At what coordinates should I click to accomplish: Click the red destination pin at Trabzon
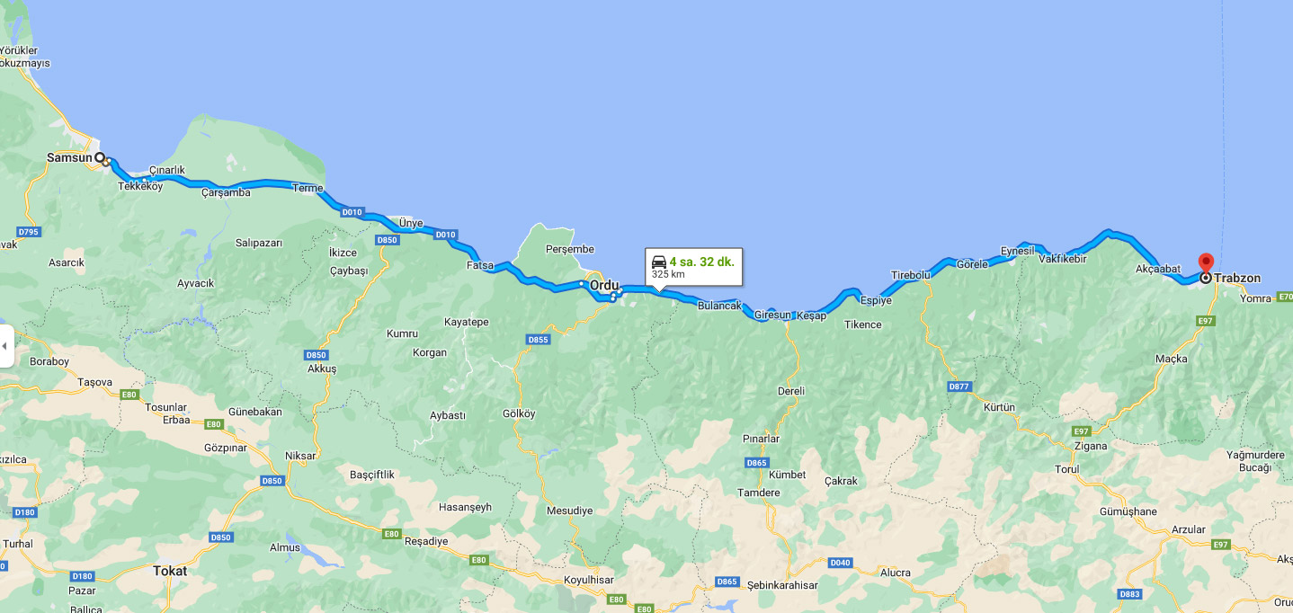coord(1206,262)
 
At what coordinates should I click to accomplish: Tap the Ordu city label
coord(604,285)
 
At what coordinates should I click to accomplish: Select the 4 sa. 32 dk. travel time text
coord(701,262)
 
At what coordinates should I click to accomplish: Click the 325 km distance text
coord(668,274)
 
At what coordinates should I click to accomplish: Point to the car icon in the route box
coord(659,262)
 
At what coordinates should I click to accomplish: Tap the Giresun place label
coord(772,315)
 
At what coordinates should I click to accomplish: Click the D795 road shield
coord(29,231)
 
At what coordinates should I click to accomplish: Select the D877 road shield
coord(959,386)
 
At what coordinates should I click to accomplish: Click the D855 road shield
coord(538,339)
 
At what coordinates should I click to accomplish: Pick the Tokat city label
coord(170,571)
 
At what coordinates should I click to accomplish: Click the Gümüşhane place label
coord(1128,511)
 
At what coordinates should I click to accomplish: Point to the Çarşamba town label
coord(226,191)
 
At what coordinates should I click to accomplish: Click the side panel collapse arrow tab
coord(4,346)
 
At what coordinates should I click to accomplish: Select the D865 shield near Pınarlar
coord(757,462)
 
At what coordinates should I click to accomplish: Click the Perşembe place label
coord(570,249)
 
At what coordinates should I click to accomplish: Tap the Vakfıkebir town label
coord(1063,259)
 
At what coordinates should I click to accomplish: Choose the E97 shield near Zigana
coord(1082,431)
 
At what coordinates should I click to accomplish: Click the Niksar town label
coord(300,456)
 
